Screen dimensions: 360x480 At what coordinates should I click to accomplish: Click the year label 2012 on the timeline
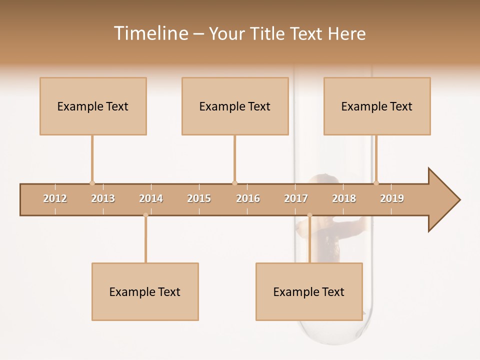tap(55, 198)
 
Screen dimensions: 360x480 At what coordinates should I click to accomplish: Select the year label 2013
tap(103, 198)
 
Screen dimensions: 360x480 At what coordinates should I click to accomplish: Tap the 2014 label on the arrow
tap(151, 198)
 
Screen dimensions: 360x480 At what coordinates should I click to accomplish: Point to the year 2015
tap(199, 198)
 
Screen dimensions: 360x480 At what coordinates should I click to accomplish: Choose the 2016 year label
tap(248, 198)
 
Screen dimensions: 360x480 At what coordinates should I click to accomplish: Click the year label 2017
tap(296, 198)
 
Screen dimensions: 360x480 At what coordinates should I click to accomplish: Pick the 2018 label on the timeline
tap(344, 198)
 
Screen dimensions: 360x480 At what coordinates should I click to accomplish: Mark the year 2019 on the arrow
tap(392, 198)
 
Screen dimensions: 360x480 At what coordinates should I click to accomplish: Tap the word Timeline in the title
tap(150, 33)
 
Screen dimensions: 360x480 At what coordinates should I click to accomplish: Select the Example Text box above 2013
tap(93, 106)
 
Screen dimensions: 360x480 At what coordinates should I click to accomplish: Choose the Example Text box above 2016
tap(235, 106)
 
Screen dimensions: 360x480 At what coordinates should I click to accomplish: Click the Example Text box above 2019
tap(377, 106)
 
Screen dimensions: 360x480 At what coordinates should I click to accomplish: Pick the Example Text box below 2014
tap(145, 291)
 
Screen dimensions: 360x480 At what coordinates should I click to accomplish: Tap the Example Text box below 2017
tap(309, 291)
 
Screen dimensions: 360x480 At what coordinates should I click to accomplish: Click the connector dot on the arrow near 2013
tap(92, 183)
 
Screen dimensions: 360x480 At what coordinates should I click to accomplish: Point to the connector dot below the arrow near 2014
tap(145, 215)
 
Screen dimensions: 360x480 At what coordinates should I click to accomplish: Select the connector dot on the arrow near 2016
tap(234, 183)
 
